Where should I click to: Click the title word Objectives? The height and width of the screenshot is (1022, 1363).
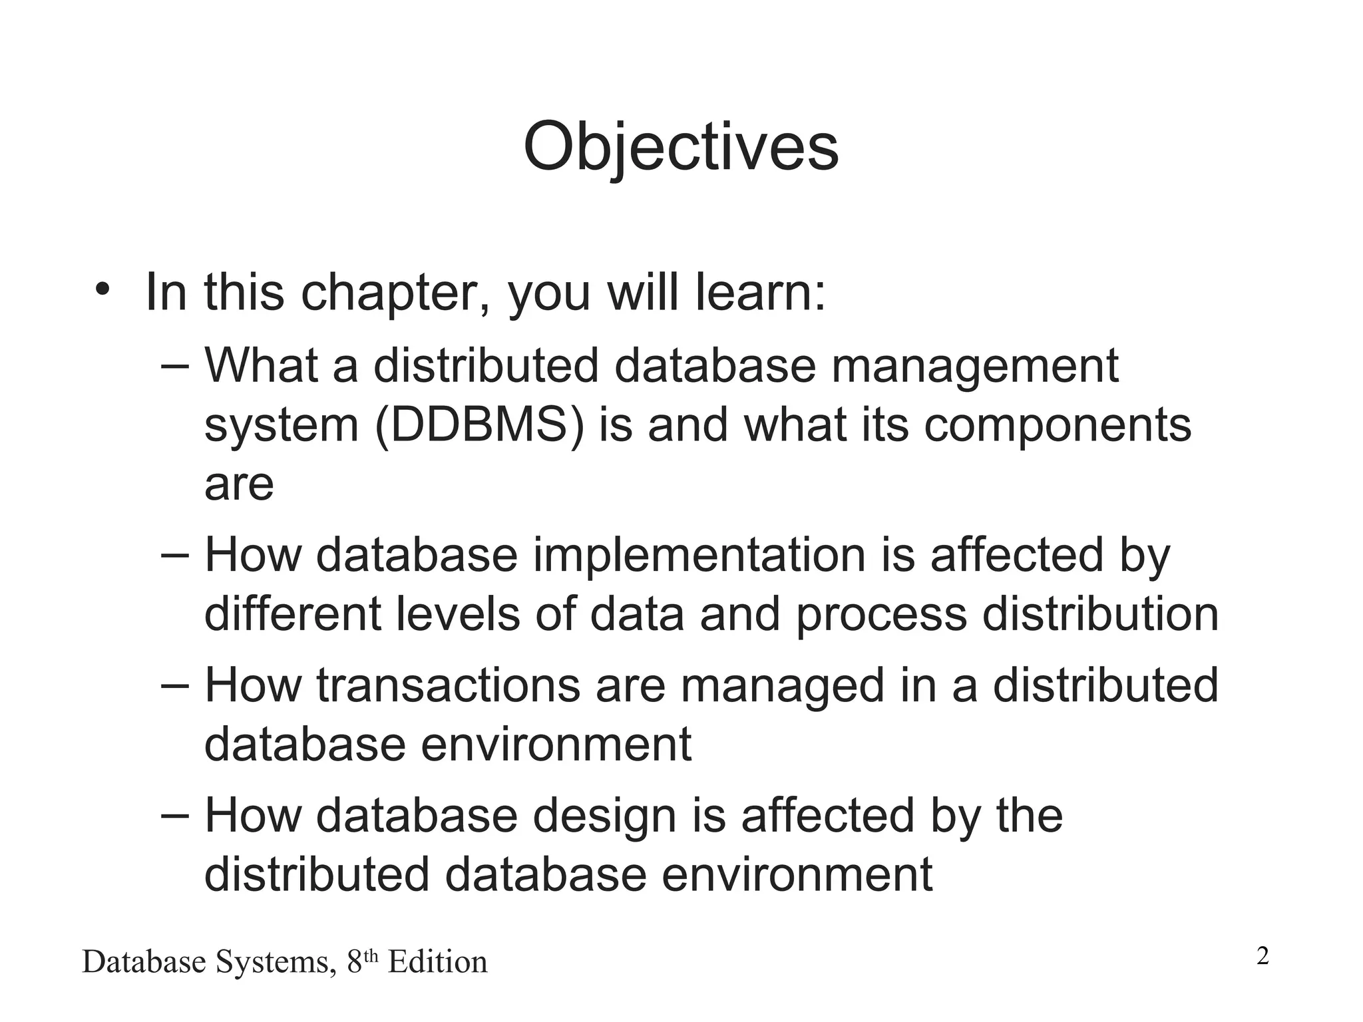point(680,148)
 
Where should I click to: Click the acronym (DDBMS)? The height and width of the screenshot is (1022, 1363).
point(479,426)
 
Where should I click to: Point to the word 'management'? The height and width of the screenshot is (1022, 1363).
point(975,367)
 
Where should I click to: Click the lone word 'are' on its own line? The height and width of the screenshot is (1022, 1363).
point(239,484)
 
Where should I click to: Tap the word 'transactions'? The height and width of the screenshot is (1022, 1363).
point(448,686)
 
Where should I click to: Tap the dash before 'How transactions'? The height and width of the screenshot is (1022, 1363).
point(175,686)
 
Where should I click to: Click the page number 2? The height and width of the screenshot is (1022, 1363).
point(1263,957)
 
